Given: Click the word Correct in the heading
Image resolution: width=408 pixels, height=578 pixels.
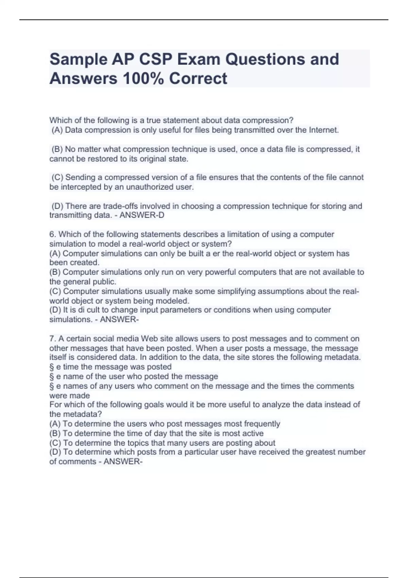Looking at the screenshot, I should [198, 79].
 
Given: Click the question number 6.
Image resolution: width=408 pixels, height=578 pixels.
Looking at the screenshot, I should [52, 234].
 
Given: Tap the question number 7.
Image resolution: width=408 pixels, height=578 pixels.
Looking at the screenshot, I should [52, 339].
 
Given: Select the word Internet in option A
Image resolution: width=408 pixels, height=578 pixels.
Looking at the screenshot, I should [323, 130].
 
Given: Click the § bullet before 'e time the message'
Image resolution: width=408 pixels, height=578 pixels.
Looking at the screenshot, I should [52, 367].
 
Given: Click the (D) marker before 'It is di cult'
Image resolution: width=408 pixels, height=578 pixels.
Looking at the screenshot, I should [55, 310].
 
